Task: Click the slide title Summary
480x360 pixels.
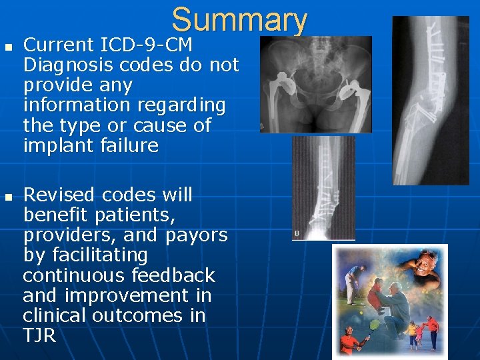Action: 239,20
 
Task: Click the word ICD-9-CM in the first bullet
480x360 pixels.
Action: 145,45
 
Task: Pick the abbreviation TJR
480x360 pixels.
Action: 39,335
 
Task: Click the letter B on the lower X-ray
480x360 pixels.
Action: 297,233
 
